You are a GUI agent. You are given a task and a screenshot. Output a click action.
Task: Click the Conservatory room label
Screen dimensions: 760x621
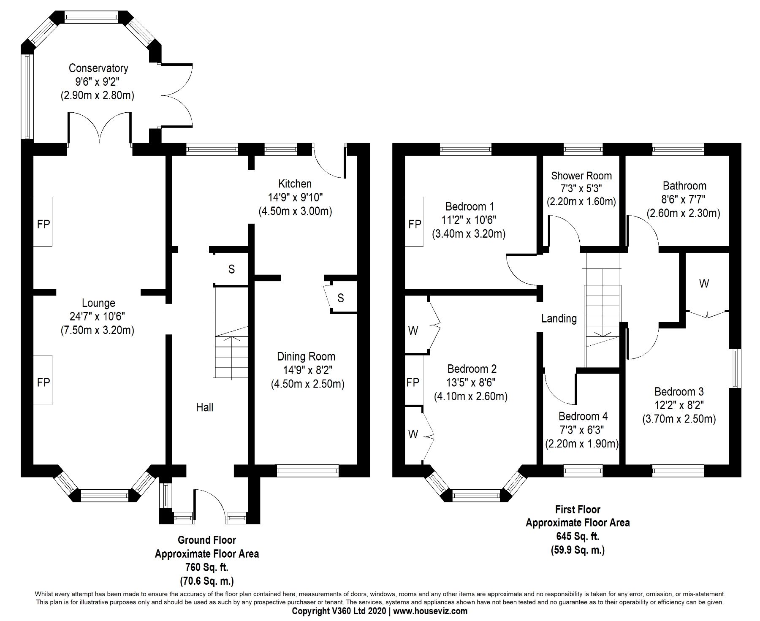tap(98, 68)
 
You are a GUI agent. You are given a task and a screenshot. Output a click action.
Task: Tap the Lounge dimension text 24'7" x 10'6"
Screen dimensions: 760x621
tap(98, 317)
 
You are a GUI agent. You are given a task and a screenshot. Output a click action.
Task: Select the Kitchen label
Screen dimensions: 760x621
tap(295, 184)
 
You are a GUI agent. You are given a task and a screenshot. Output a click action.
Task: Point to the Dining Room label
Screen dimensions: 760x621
tap(306, 357)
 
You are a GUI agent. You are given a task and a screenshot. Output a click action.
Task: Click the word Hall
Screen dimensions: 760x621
tap(204, 407)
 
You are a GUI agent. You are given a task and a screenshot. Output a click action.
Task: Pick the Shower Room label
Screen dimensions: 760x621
tap(581, 176)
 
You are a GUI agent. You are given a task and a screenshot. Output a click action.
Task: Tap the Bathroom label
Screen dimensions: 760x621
tap(684, 186)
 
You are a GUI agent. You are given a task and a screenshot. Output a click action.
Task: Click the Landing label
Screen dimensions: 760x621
tap(559, 318)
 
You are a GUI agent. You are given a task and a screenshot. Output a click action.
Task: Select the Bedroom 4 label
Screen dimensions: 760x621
tap(583, 416)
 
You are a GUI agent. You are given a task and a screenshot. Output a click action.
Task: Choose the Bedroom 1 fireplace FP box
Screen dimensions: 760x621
tap(415, 224)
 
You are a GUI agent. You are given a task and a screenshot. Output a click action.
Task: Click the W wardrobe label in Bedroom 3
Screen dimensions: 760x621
tap(704, 284)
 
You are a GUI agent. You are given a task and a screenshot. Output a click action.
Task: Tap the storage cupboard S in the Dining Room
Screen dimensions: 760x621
tap(341, 298)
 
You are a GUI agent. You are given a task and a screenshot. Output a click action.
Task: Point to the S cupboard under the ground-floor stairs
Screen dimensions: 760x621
tap(231, 269)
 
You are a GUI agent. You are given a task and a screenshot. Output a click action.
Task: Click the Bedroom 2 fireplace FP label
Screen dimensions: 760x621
tap(413, 382)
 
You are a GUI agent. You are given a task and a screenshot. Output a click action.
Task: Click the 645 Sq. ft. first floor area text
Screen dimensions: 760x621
tap(578, 536)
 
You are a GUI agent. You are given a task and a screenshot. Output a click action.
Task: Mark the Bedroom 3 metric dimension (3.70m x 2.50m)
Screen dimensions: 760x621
tap(679, 419)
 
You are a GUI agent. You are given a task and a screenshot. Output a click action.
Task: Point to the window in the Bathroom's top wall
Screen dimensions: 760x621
tap(678, 149)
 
